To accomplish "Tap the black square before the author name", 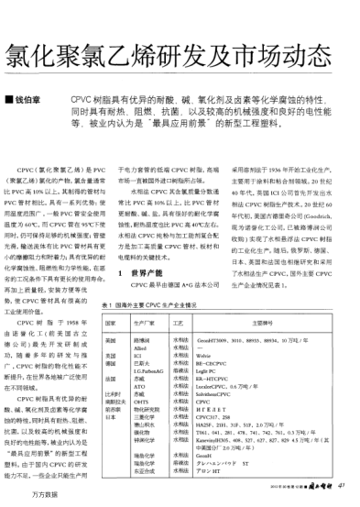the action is coord(9,95).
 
